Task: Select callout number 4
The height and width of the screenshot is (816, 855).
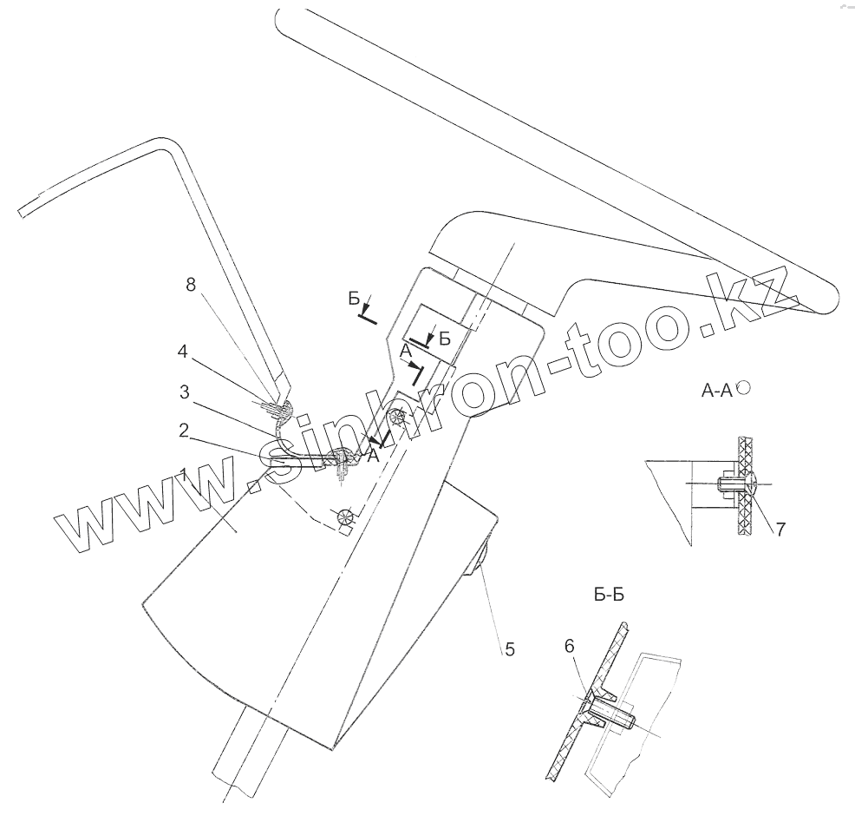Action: (x=182, y=352)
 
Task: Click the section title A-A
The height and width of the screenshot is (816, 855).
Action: (x=716, y=392)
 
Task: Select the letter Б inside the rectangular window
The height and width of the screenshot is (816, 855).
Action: (x=444, y=339)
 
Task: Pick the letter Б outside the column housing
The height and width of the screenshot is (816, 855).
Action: (x=354, y=299)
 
